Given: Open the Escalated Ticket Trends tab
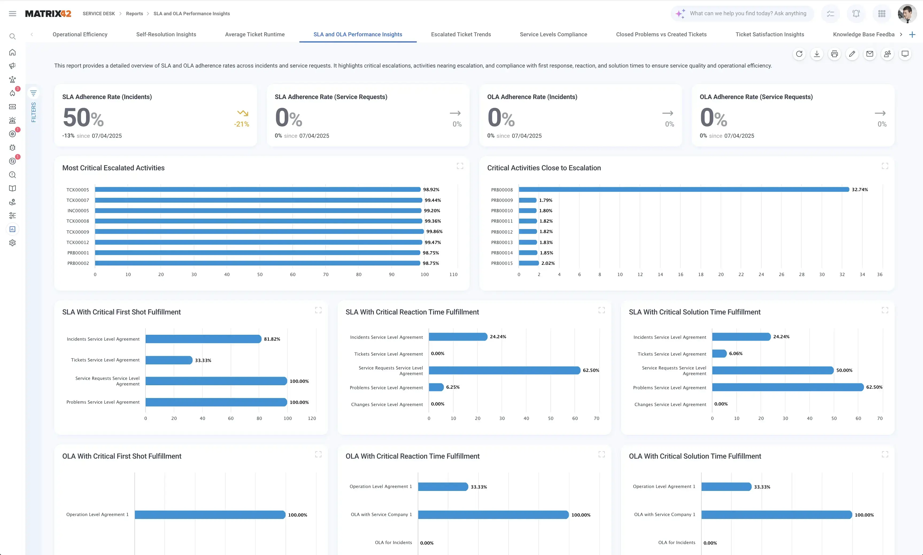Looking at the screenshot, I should click(x=461, y=34).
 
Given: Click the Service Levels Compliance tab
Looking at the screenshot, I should click(x=553, y=34).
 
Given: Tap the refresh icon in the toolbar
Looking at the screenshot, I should click(x=799, y=54).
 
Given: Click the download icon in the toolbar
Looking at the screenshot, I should click(x=817, y=54).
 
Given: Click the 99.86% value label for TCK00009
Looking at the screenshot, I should click(x=434, y=231).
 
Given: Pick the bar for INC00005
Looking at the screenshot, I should click(x=258, y=211).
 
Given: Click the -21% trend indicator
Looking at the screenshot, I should click(x=242, y=124).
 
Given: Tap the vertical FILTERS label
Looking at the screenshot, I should click(x=33, y=112).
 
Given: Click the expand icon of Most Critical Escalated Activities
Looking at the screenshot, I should click(x=460, y=166).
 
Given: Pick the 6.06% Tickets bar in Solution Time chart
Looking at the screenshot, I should click(x=719, y=353).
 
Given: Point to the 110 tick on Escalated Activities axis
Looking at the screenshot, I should click(x=453, y=274).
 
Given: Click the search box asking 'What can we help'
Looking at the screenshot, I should click(x=747, y=13).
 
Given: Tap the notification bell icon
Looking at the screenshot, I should click(x=856, y=13).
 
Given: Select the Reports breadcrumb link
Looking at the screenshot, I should click(x=134, y=13).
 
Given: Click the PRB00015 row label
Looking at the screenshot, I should click(x=502, y=263).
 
